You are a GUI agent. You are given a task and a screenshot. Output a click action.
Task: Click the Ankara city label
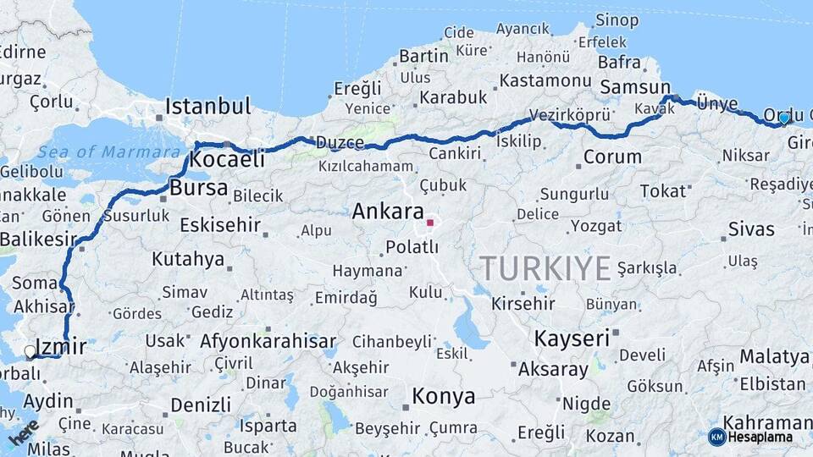387,211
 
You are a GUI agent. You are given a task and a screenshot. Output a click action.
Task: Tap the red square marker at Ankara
430,223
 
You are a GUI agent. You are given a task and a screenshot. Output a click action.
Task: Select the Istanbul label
207,107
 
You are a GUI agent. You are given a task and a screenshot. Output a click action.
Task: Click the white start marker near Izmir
30,350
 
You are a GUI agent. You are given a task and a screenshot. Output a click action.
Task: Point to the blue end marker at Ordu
784,118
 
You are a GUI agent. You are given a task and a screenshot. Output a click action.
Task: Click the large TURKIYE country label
545,268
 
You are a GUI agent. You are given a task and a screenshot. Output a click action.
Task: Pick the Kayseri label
572,339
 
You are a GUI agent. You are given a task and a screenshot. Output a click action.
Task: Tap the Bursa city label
198,188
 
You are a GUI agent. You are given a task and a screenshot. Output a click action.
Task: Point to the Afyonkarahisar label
268,341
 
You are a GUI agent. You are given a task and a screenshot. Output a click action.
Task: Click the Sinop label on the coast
617,20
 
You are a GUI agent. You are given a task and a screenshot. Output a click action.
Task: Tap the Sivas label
751,229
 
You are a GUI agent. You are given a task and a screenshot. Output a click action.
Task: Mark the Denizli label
201,405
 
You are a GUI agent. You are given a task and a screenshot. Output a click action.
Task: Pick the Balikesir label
38,240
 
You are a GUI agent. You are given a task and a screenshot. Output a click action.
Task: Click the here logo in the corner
23,432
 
